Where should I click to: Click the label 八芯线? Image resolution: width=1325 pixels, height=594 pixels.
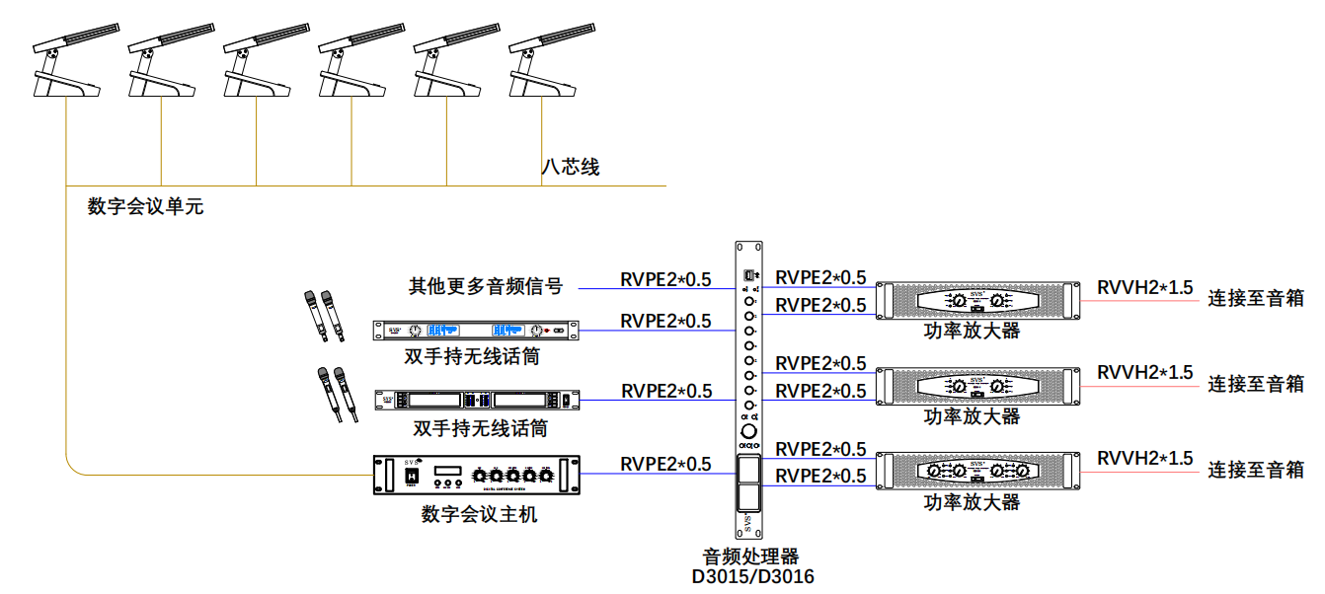click(571, 167)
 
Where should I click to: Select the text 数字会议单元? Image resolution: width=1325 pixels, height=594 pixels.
click(145, 207)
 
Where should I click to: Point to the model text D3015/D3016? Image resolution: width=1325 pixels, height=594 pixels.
click(753, 576)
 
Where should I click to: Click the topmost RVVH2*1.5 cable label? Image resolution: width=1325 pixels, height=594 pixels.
click(1144, 287)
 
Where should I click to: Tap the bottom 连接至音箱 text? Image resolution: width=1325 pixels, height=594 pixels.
click(1256, 469)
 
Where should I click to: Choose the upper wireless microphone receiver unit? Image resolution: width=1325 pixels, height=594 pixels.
click(476, 330)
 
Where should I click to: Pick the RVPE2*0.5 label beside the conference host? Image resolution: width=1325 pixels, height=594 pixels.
click(665, 464)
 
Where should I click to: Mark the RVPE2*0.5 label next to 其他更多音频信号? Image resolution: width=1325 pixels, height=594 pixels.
click(665, 279)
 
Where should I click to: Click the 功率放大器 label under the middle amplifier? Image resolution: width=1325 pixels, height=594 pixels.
click(972, 417)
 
